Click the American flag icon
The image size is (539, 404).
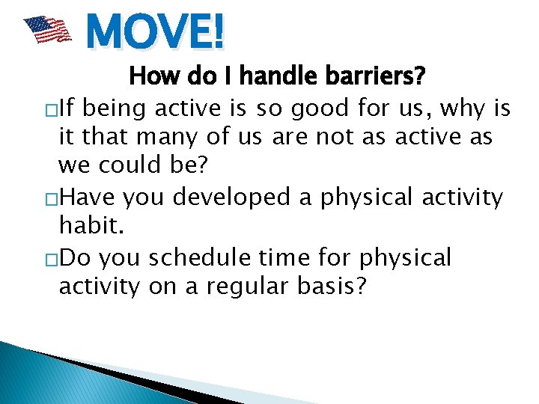point(47,31)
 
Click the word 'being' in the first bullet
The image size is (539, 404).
point(115,109)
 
